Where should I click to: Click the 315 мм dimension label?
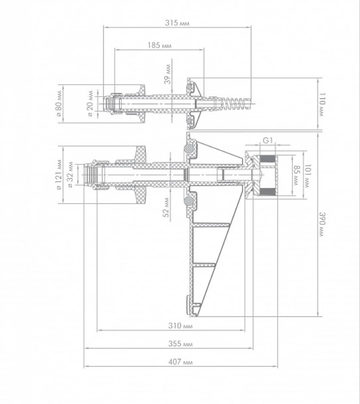(177, 23)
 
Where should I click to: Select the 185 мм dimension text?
(160, 45)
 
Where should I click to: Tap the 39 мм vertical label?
(168, 74)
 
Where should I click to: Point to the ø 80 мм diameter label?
(58, 103)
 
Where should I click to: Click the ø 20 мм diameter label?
(90, 103)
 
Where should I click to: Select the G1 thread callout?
(268, 140)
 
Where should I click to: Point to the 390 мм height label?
(322, 224)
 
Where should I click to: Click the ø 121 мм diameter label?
(59, 175)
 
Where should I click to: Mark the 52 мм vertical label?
(166, 207)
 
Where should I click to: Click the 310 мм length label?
(180, 326)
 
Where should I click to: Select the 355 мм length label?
(180, 344)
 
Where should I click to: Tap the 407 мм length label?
(180, 362)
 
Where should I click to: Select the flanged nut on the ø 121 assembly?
(140, 175)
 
